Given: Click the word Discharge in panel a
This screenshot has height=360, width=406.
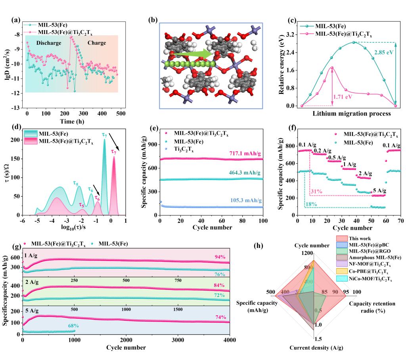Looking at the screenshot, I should pos(49,42).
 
